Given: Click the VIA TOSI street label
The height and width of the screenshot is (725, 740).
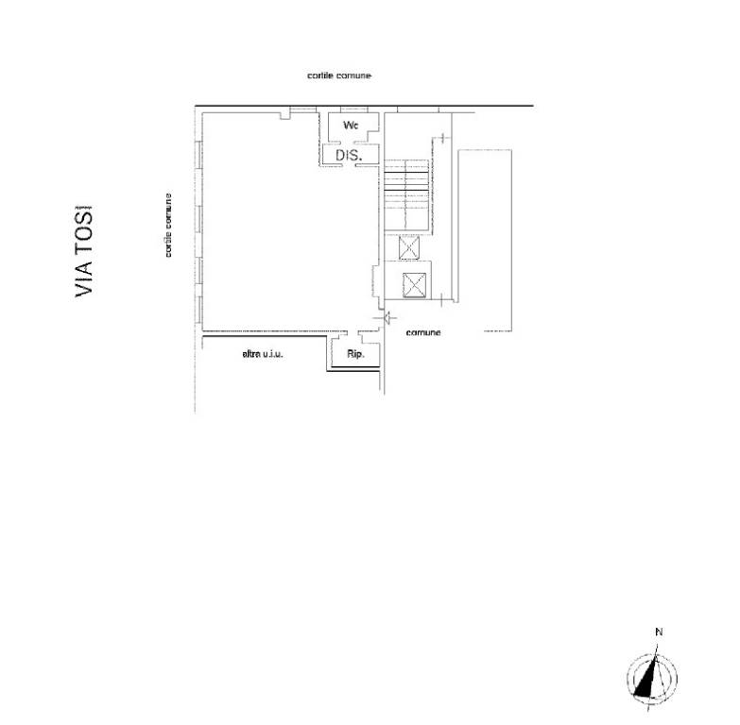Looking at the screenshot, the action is pos(84,251).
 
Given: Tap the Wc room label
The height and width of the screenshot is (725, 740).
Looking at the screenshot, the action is pos(351,126).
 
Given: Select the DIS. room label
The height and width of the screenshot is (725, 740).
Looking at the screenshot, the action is pos(349,155).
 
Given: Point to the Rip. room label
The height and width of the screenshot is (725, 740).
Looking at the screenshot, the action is pos(355,354).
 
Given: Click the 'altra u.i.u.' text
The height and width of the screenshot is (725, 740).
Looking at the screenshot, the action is pos(263,354).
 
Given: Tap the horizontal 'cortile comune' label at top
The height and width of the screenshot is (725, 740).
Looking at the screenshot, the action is pos(339,76).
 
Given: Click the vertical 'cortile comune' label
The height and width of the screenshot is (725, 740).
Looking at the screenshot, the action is pos(168,226).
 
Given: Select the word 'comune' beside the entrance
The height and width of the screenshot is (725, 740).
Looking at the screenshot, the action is pos(422,332).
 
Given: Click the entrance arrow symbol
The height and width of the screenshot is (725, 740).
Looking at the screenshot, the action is pos(388,318).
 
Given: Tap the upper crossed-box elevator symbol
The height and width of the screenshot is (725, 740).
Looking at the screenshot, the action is pos(408,247).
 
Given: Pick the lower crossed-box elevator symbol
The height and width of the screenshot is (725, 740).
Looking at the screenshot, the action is pos(414,286).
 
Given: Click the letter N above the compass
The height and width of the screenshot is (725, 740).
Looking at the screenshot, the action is pos(659,632).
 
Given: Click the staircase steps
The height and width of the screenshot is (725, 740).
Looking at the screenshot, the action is pos(406,195).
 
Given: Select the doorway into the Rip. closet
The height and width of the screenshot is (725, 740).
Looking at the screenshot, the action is pos(353,333).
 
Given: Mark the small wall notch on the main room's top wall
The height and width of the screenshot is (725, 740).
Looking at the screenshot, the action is pos(284,115).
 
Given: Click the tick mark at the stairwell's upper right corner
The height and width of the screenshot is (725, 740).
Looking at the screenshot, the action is pos(442,138).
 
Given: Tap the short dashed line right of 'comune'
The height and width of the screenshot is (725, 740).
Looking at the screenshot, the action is pos(498,331).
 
